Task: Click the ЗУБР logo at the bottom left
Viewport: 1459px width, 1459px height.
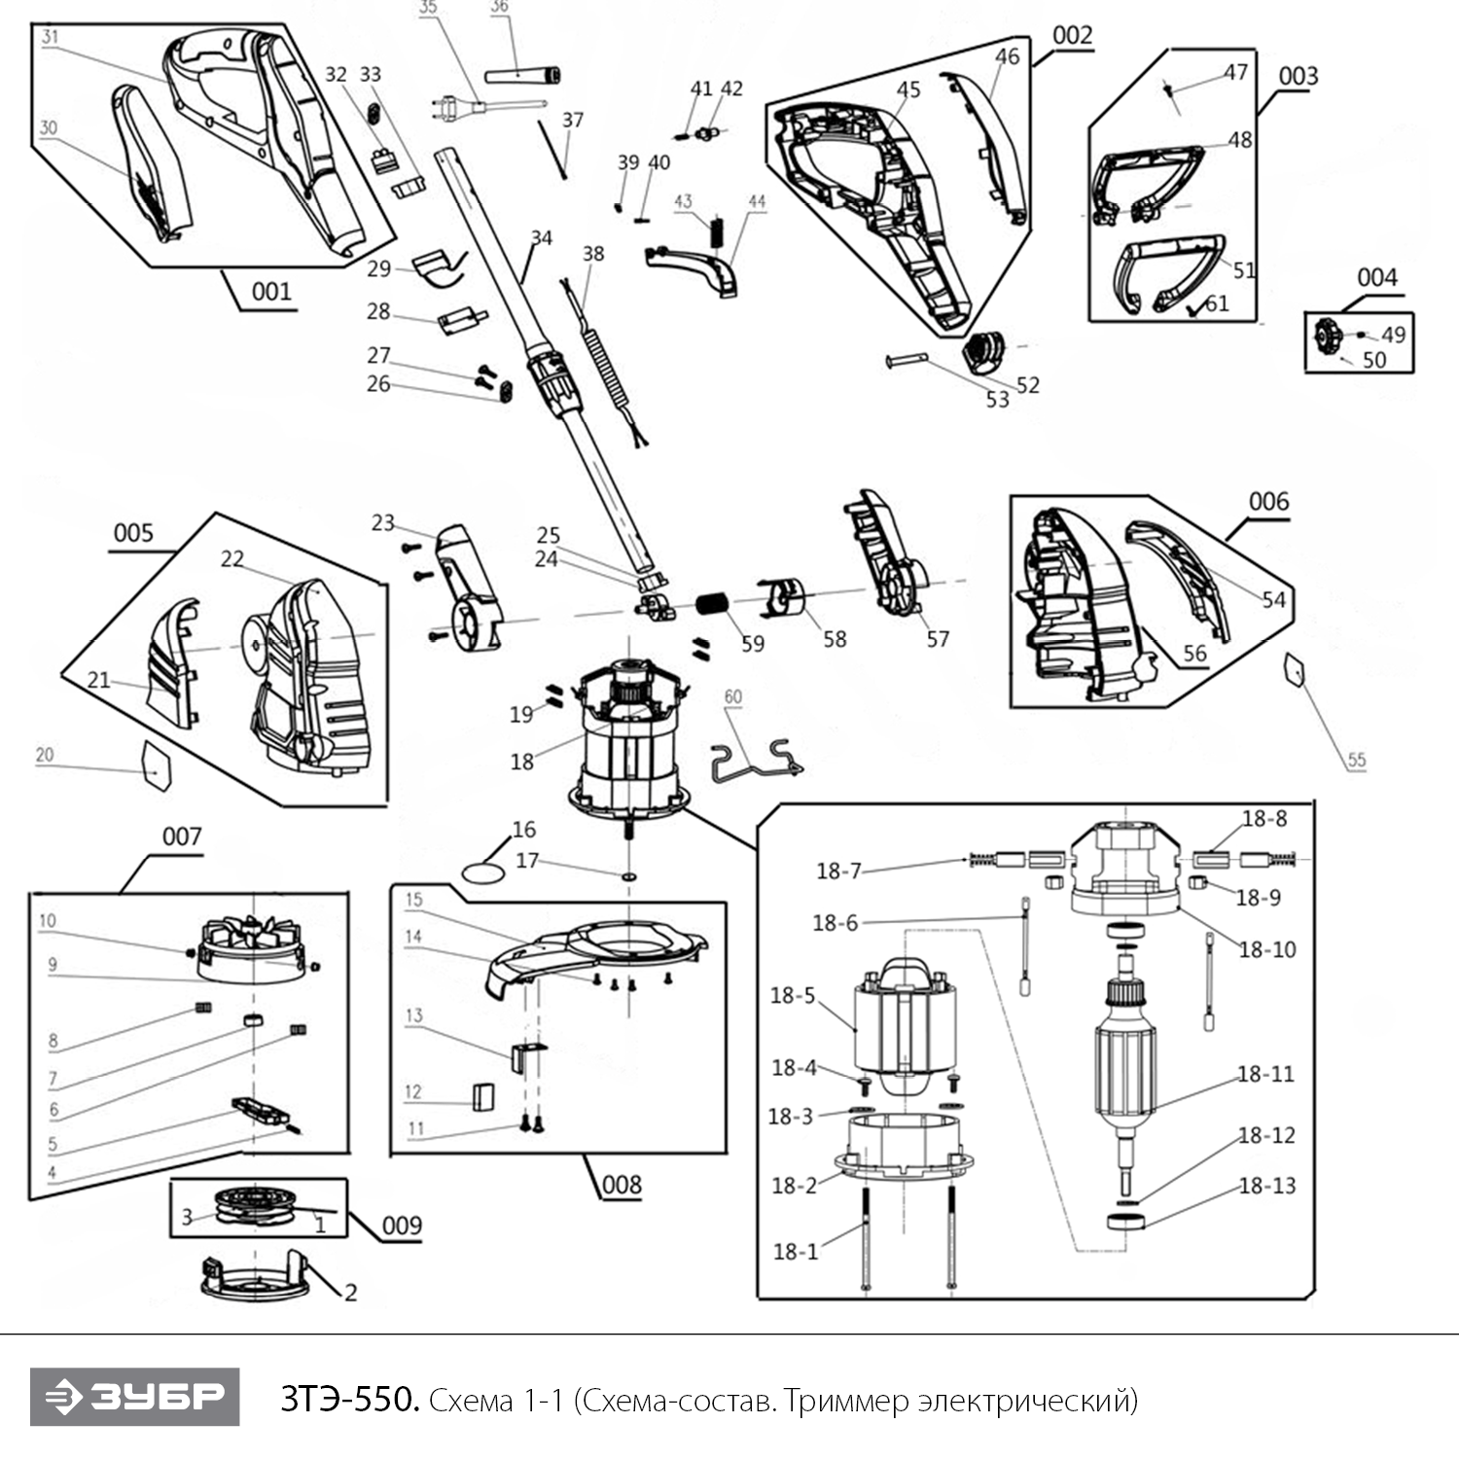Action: (134, 1397)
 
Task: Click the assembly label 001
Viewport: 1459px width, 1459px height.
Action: (271, 291)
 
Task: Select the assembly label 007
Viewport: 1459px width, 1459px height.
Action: (182, 836)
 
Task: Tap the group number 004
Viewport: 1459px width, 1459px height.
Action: (1376, 278)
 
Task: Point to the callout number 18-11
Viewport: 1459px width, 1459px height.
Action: (1265, 1074)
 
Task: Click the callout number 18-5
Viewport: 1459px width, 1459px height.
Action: (792, 995)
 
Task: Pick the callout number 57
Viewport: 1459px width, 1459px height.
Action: (937, 639)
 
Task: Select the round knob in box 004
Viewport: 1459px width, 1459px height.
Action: (1325, 337)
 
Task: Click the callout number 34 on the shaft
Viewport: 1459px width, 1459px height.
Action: (541, 238)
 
